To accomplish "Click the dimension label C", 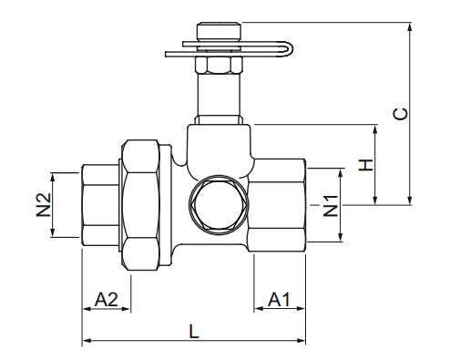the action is [400, 114].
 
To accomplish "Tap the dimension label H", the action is [365, 165].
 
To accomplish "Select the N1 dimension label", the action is [331, 206].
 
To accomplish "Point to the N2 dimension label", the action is [44, 205].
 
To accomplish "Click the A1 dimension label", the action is [279, 300].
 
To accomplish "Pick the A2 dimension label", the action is [107, 300].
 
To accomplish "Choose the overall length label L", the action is [194, 331].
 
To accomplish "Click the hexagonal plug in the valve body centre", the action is [219, 204].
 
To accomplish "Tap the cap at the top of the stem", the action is [219, 31].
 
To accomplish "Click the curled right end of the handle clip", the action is [287, 49].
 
